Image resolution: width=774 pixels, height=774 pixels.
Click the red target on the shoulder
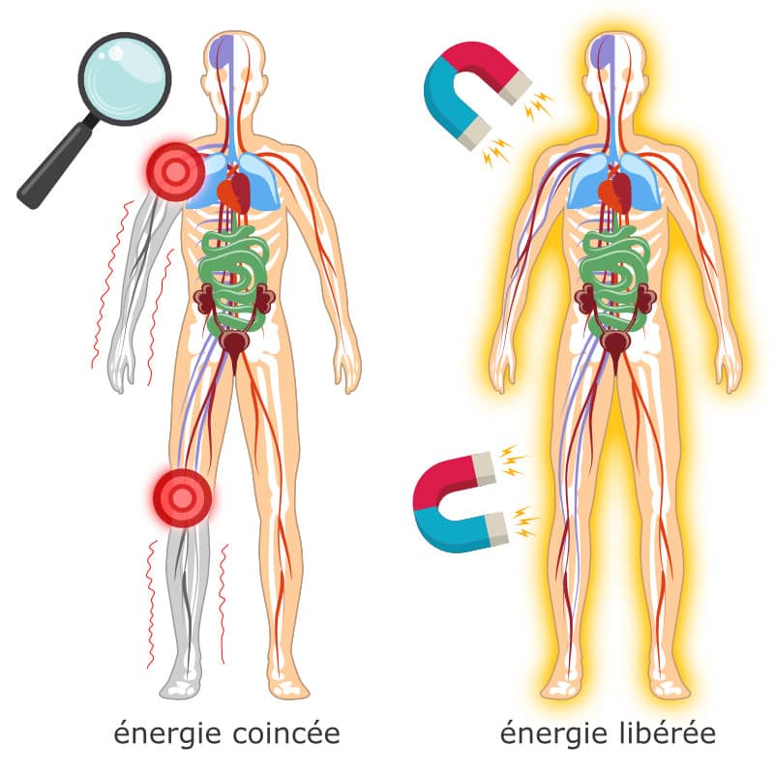tap(175, 171)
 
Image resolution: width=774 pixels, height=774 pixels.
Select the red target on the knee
tap(180, 497)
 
